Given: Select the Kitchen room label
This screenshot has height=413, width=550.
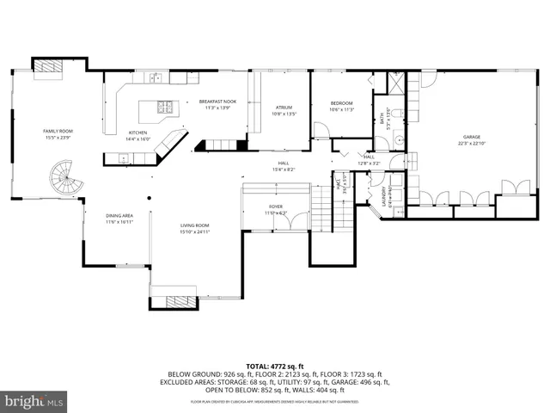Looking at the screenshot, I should pos(138,135).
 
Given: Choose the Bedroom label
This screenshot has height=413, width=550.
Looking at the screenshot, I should pos(342,106).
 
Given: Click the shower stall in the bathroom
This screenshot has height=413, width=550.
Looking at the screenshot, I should pos(397,83).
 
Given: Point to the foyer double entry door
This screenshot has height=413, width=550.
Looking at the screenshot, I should pos(296,221).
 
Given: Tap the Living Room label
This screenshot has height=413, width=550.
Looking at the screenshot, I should pos(194,228).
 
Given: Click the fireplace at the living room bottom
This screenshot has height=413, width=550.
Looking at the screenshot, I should pos(180,300).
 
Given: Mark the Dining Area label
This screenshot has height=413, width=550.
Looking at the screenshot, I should pos(119,218).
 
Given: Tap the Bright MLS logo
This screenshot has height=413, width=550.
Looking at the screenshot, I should pos(33,401).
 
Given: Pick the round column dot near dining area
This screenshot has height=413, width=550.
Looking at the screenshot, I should pos(148,198).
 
